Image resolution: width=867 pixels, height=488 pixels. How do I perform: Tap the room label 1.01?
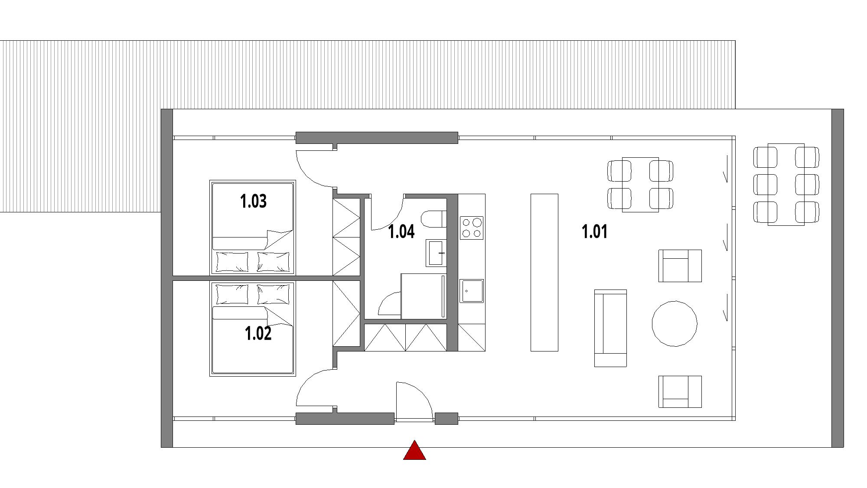[594, 231]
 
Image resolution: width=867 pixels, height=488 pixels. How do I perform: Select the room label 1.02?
[258, 334]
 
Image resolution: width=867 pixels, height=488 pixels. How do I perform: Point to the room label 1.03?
[253, 201]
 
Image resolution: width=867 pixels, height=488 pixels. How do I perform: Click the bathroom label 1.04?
[401, 231]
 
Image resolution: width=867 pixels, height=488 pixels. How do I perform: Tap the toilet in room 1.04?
[433, 219]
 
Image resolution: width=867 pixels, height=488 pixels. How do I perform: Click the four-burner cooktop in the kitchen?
[472, 228]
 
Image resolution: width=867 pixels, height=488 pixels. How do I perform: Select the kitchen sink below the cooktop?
[472, 291]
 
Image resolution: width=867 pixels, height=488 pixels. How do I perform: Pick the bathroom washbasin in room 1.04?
[436, 253]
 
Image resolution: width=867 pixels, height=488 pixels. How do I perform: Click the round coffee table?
[675, 324]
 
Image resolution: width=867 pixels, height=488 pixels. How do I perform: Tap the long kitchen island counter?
[544, 272]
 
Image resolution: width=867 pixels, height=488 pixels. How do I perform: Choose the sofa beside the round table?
[610, 328]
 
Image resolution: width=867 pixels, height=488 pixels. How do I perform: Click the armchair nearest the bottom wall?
[680, 391]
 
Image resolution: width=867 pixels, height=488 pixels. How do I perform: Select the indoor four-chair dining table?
[640, 185]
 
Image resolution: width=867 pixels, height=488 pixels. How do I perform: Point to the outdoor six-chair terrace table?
[786, 185]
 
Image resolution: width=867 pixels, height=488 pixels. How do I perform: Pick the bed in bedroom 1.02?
[252, 328]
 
